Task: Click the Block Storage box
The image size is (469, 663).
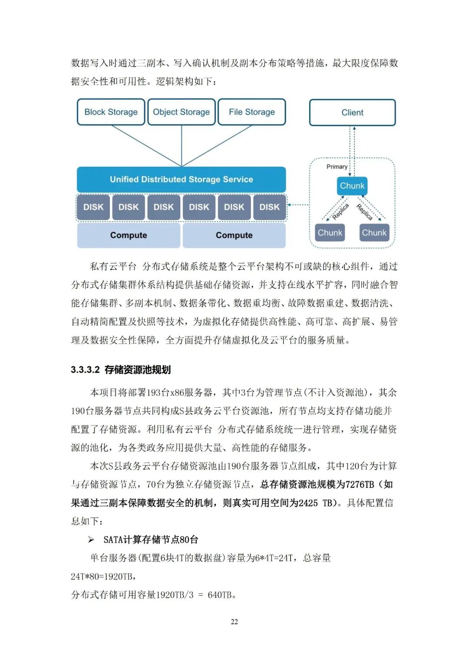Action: (111, 112)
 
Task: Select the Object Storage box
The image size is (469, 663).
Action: (181, 112)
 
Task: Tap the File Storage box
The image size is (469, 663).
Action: (251, 112)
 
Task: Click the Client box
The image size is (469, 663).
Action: (352, 112)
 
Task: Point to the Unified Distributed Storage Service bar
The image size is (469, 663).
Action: (181, 179)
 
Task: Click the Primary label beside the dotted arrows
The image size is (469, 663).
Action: (337, 167)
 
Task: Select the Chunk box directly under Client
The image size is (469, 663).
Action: (352, 186)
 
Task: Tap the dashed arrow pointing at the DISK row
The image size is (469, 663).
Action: (298, 205)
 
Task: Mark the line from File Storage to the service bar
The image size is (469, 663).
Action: (217, 145)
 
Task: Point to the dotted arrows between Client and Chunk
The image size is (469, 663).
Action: (353, 150)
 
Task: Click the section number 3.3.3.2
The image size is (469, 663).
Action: (85, 370)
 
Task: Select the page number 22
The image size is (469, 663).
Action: (234, 622)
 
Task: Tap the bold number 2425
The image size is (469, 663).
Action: (308, 503)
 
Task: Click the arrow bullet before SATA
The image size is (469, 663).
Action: (91, 540)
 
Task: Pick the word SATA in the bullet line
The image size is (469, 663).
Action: (113, 540)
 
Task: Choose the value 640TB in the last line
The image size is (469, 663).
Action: (221, 595)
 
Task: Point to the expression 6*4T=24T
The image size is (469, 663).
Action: (274, 558)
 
